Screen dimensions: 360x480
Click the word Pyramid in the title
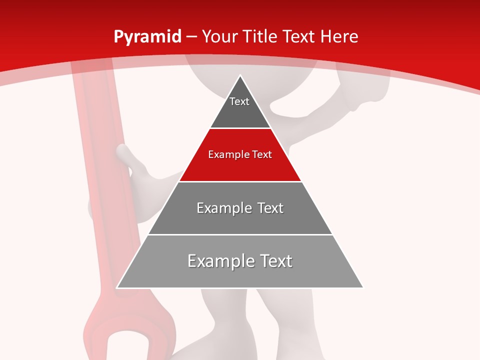tap(147, 37)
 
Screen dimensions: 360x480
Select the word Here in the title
tap(339, 37)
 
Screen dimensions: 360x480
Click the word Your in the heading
tap(219, 37)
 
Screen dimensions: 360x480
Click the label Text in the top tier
tap(239, 101)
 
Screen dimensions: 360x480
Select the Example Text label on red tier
tap(240, 154)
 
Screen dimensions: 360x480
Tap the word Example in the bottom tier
tap(215, 261)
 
